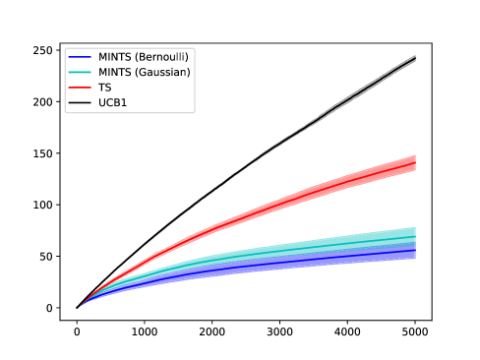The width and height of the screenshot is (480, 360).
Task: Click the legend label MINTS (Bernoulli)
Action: (x=144, y=56)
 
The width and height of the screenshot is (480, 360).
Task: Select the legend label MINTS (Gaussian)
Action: (x=144, y=72)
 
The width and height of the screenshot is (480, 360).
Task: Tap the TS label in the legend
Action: (x=104, y=88)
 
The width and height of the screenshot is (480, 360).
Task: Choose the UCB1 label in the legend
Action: (x=111, y=102)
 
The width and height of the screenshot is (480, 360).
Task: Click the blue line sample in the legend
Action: (x=80, y=56)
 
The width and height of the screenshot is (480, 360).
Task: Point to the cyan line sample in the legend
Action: (x=80, y=72)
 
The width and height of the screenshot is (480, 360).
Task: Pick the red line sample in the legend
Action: (x=80, y=88)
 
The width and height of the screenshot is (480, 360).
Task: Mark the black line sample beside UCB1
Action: (x=80, y=102)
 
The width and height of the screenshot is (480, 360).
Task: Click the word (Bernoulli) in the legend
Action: (x=161, y=56)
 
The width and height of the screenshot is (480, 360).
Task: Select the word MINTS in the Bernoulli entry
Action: (x=114, y=56)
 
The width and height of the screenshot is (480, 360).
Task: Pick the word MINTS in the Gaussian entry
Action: (x=114, y=72)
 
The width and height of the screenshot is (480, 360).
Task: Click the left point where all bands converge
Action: (x=78, y=307)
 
